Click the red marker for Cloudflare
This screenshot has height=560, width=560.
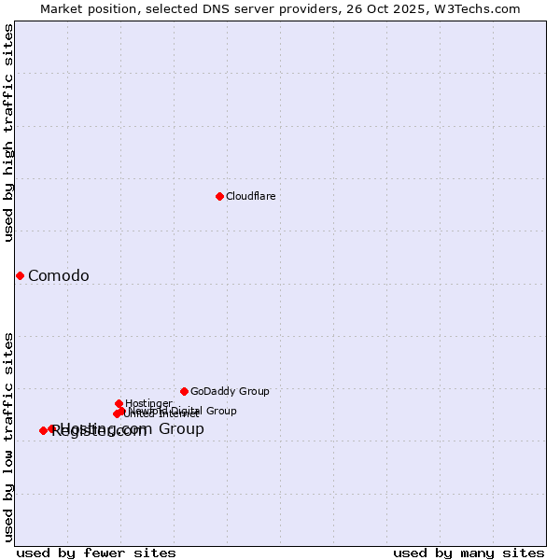(x=219, y=196)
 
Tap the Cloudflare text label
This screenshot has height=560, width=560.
(x=250, y=196)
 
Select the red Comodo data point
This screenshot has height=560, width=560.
(x=20, y=275)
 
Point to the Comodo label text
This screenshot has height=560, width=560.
(x=59, y=275)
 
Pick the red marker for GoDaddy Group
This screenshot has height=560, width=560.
(x=184, y=391)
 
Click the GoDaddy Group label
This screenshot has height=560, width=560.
(x=230, y=391)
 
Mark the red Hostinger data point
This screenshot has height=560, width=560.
(x=119, y=403)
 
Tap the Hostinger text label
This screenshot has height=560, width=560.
(x=148, y=403)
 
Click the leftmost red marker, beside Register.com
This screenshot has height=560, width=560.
(x=43, y=430)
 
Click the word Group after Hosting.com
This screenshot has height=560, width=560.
(x=181, y=429)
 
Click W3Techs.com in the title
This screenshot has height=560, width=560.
(x=474, y=8)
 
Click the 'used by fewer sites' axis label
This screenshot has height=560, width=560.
(x=96, y=553)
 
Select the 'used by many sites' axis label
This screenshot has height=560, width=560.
(x=469, y=553)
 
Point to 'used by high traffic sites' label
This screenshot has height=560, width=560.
(x=8, y=133)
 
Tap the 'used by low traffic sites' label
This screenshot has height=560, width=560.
(x=8, y=436)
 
